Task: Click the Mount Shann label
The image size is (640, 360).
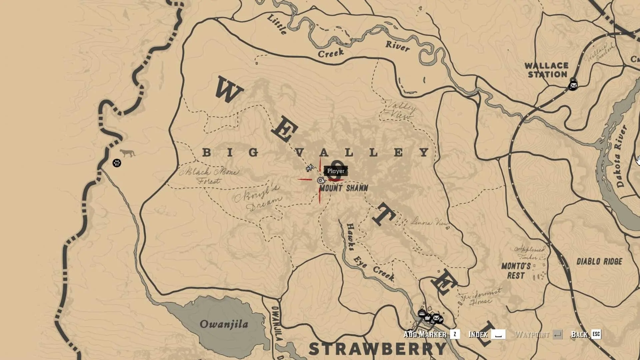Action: [x=344, y=188]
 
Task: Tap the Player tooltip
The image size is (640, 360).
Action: [x=336, y=171]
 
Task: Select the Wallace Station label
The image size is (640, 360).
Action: [x=547, y=70]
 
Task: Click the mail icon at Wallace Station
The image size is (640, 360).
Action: [x=573, y=86]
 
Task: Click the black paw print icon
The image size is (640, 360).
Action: [x=117, y=163]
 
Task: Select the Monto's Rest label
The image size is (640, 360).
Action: [x=516, y=271]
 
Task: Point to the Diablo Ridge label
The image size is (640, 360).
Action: [x=599, y=261]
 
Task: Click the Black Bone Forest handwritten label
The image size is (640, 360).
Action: [x=209, y=176]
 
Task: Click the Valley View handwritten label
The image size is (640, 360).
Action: [x=399, y=109]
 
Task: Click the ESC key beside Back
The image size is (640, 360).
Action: [x=596, y=334]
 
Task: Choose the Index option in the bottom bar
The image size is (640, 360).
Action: [x=479, y=334]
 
